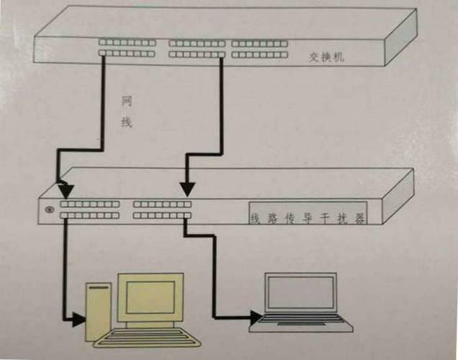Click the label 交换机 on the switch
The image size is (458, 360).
326,57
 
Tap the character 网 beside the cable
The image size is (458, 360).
127,102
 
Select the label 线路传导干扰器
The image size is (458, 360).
307,218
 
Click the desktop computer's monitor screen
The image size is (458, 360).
151,297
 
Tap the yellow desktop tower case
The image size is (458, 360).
98,312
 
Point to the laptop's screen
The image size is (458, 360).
301,292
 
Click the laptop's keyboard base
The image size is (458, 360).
301,323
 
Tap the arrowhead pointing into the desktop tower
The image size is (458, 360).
79,320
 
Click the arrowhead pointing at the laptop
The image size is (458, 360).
256,318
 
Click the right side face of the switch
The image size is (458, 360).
400,37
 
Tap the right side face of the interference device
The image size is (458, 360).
398,197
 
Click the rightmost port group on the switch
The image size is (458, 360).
260,49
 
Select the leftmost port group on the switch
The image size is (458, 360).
127,48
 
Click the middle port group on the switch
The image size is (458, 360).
197,49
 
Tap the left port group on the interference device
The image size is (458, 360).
90,210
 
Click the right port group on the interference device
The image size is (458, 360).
163,210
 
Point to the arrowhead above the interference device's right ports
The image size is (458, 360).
187,189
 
